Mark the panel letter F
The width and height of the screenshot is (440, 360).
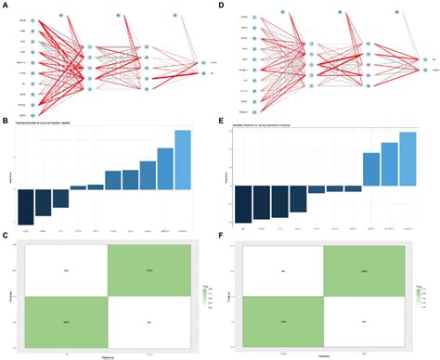click(224, 238)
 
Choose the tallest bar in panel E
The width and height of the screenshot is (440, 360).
click(408, 159)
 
